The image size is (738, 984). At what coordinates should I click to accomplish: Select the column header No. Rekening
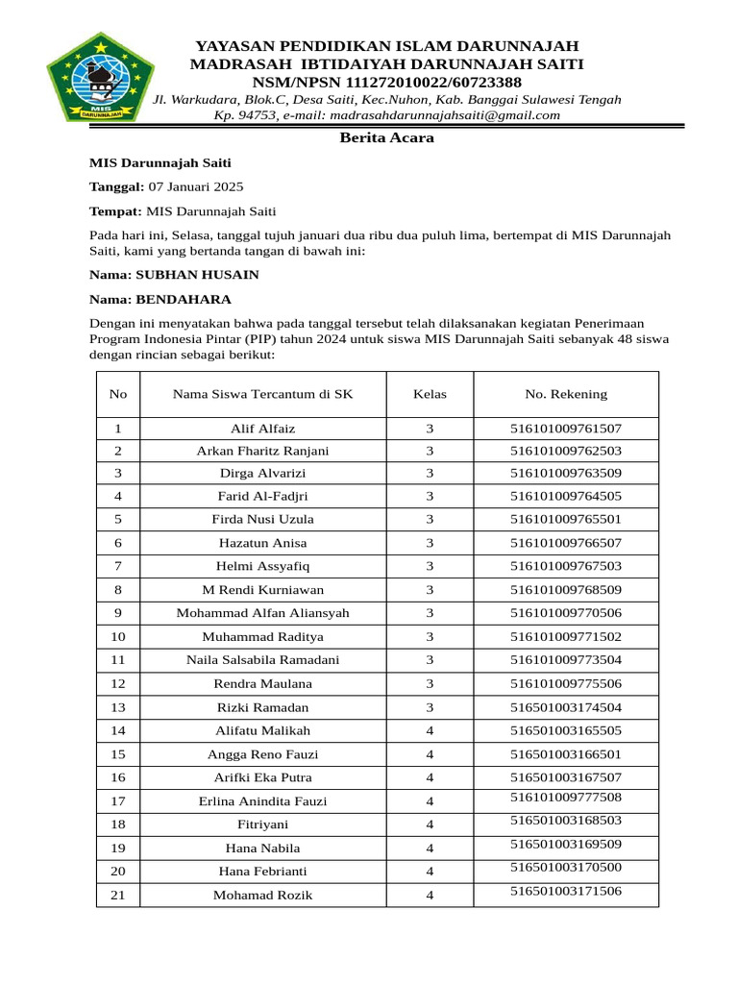pyautogui.click(x=566, y=394)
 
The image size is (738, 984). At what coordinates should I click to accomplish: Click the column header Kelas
pyautogui.click(x=430, y=394)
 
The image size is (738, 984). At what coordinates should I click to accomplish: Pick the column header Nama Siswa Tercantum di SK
pyautogui.click(x=263, y=394)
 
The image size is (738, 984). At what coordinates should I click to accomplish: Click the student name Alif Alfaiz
pyautogui.click(x=263, y=429)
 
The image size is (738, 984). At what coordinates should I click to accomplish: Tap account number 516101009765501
pyautogui.click(x=566, y=519)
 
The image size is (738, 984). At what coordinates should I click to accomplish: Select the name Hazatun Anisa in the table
pyautogui.click(x=263, y=543)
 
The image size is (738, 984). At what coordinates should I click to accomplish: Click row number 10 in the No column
pyautogui.click(x=118, y=636)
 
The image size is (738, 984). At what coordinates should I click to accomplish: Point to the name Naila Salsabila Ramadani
pyautogui.click(x=263, y=660)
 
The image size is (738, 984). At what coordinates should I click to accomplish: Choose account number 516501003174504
pyautogui.click(x=566, y=707)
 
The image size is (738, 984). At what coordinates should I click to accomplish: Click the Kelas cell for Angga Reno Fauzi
pyautogui.click(x=430, y=754)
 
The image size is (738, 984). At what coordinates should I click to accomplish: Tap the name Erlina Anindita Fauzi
pyautogui.click(x=263, y=801)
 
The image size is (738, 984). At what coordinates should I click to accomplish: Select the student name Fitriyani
pyautogui.click(x=263, y=824)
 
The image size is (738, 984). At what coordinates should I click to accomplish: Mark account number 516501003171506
pyautogui.click(x=566, y=891)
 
